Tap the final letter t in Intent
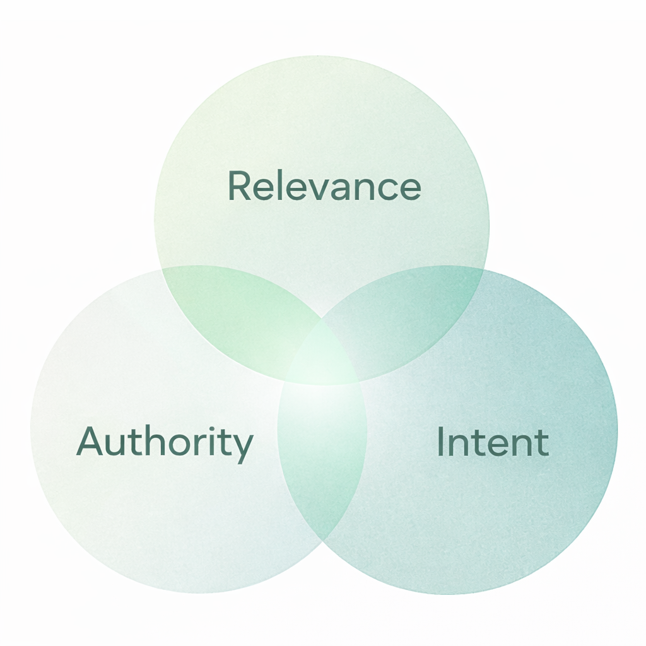pos(542,443)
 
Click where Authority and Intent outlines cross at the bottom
pos(323,541)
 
